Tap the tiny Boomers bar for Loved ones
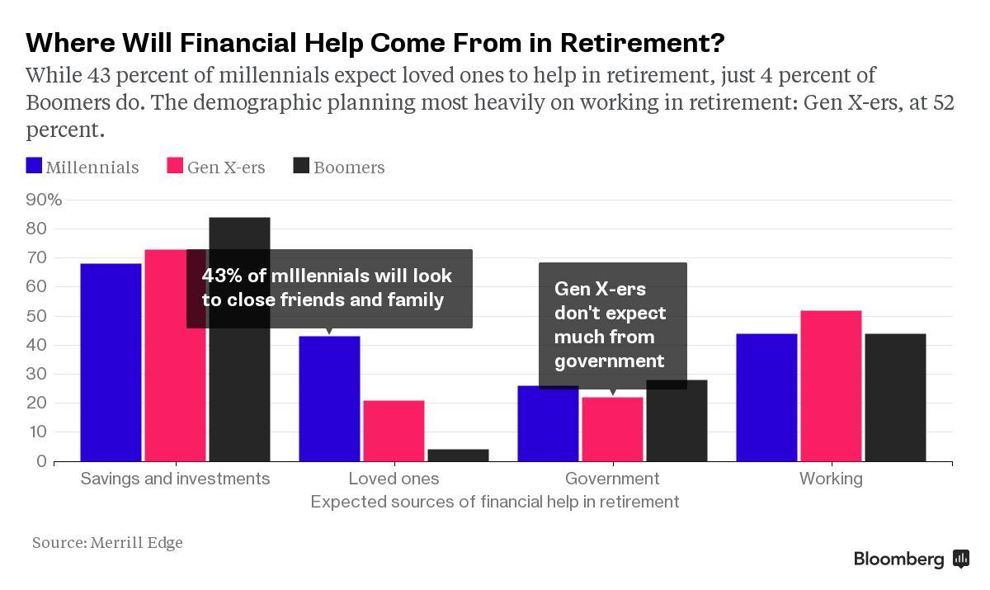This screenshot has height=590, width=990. tap(458, 455)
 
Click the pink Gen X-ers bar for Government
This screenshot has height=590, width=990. tap(612, 429)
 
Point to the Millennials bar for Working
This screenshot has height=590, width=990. tap(766, 397)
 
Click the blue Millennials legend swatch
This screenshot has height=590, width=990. tap(34, 167)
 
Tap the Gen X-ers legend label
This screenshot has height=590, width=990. tap(226, 168)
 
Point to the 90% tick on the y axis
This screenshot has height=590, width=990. tap(44, 200)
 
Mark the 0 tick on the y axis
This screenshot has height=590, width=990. tap(41, 461)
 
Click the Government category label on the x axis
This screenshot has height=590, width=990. tap(612, 479)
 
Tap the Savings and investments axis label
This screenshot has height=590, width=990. tap(175, 479)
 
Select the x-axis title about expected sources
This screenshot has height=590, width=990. tap(495, 502)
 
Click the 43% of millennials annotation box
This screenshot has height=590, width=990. tap(329, 288)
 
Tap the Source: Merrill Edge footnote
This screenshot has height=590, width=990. tap(107, 543)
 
